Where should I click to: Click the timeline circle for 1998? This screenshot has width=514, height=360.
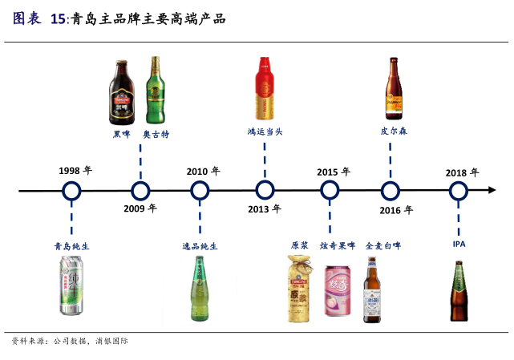pyautogui.click(x=71, y=191)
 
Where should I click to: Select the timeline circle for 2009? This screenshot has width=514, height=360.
pyautogui.click(x=140, y=191)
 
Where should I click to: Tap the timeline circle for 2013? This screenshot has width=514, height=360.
pyautogui.click(x=265, y=191)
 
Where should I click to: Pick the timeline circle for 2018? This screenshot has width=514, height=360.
pyautogui.click(x=458, y=191)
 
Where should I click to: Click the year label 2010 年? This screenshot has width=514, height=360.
pyautogui.click(x=203, y=171)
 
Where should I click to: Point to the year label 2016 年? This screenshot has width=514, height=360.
pyautogui.click(x=396, y=210)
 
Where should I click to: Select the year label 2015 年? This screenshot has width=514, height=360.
pyautogui.click(x=333, y=172)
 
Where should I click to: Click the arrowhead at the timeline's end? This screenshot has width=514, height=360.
pyautogui.click(x=492, y=191)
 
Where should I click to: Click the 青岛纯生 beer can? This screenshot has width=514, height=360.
pyautogui.click(x=71, y=286)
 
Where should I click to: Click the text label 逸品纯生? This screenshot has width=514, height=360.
pyautogui.click(x=200, y=246)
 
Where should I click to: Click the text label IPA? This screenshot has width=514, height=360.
pyautogui.click(x=459, y=244)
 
